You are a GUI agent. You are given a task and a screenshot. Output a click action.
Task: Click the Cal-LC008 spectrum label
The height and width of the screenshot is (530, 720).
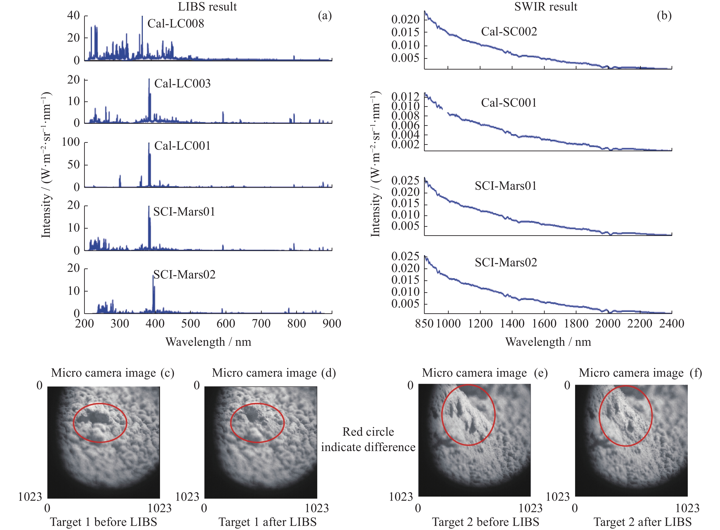[176, 23]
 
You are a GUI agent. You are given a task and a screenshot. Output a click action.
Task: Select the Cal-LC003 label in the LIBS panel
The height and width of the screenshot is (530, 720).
[182, 84]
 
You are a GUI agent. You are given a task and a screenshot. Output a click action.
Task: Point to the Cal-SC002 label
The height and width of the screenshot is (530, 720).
[509, 31]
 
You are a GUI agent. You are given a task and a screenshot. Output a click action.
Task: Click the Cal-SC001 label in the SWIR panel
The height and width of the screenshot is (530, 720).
[509, 103]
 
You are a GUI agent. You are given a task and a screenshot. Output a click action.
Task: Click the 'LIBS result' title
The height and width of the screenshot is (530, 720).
[207, 6]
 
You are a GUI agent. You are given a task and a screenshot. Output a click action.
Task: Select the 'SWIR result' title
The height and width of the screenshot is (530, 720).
[546, 6]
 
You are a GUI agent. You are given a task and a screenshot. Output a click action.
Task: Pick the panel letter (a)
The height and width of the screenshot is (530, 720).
[325, 15]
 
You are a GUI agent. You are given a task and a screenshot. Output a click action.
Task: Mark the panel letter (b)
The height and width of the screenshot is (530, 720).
[664, 15]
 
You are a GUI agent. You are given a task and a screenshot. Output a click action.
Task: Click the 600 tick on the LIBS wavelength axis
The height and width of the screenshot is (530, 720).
[226, 323]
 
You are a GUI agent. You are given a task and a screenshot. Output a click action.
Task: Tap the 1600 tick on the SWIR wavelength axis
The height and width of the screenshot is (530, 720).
[544, 323]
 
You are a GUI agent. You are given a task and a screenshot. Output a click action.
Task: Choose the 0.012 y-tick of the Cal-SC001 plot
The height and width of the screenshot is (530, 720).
[405, 97]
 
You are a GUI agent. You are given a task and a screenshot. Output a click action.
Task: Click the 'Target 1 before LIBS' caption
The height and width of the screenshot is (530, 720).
[104, 522]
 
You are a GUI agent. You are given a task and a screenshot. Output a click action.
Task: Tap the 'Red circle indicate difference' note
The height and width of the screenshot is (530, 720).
[368, 440]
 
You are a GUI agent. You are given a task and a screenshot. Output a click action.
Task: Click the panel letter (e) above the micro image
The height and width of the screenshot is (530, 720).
[541, 373]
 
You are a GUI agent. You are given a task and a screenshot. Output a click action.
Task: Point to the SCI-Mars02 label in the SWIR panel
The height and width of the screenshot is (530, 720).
[506, 262]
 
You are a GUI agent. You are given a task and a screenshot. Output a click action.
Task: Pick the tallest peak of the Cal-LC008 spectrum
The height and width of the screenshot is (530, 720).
[142, 17]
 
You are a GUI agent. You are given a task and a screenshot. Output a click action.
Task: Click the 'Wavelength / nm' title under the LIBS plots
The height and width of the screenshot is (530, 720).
[208, 342]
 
